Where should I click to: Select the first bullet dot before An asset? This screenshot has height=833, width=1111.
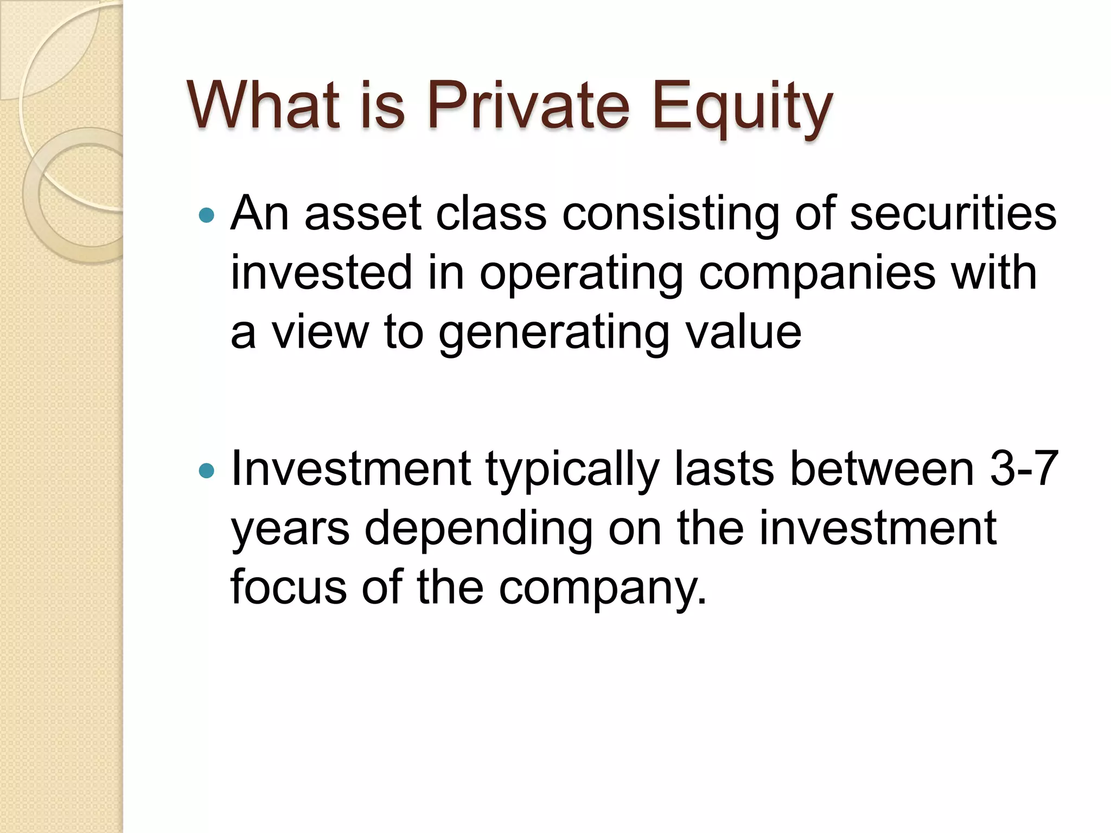click(x=207, y=215)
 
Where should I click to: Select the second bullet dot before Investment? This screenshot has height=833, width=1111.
click(x=207, y=470)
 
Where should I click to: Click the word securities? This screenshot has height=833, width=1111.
click(x=953, y=214)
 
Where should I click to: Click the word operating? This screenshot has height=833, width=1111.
click(x=580, y=273)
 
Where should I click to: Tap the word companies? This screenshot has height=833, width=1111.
click(x=817, y=273)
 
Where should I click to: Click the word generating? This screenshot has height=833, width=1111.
click(x=554, y=332)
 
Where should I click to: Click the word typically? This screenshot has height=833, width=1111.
click(x=572, y=469)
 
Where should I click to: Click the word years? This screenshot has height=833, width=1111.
click(x=290, y=529)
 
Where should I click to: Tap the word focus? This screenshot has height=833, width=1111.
click(x=288, y=587)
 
